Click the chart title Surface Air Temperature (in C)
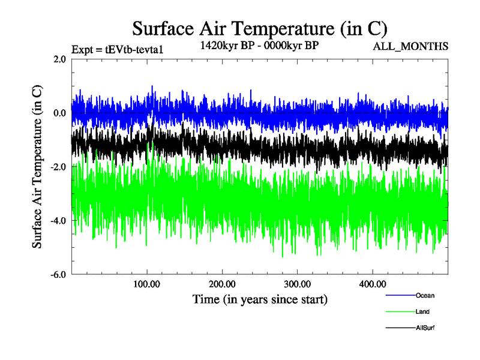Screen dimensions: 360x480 tap(260, 28)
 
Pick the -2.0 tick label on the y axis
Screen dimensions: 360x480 tap(58, 167)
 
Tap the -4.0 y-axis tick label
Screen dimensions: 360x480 tap(58, 221)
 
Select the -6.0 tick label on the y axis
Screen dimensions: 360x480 tap(58, 275)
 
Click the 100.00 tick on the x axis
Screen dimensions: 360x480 tap(147, 283)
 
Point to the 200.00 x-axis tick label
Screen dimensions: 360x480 tap(222, 283)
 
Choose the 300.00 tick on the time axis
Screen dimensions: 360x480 tap(297, 283)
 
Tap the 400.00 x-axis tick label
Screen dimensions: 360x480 tap(372, 283)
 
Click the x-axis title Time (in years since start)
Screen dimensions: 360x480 tap(260, 298)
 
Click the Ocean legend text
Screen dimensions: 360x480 tap(425, 295)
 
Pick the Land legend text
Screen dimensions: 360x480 tap(422, 311)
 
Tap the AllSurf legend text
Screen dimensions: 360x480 tap(425, 328)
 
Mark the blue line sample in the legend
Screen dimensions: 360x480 tap(400, 296)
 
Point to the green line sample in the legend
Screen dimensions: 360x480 tap(400, 312)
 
